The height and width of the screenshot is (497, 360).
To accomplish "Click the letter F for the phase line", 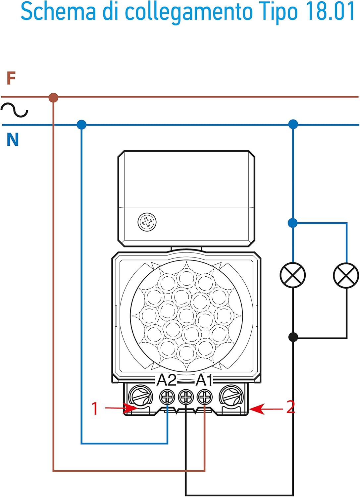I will coord(11,79).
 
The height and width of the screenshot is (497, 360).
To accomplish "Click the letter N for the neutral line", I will coord(13,140).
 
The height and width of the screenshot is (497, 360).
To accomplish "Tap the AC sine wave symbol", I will coord(14,110).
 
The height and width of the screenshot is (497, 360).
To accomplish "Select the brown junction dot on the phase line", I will coord(53,98).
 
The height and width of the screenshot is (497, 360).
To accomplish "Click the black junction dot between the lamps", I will coord(293,337).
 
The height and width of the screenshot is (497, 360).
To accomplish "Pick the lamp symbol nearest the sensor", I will coord(293,275).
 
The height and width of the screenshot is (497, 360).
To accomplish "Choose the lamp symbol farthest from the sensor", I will coord(346,275).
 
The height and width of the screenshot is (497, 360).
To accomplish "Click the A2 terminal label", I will coord(167,380).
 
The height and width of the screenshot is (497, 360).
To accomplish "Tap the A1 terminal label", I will coord(204,380).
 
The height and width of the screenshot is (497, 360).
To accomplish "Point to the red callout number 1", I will coord(95,409).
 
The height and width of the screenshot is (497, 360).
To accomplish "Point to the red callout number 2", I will coord(290,407).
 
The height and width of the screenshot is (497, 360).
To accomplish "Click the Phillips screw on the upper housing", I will coord(147,222).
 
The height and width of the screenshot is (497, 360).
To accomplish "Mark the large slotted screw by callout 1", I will coord(140,395).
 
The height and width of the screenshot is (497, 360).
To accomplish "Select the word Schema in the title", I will coord(58,12).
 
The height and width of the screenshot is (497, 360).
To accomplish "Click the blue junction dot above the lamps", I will coord(293,223).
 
